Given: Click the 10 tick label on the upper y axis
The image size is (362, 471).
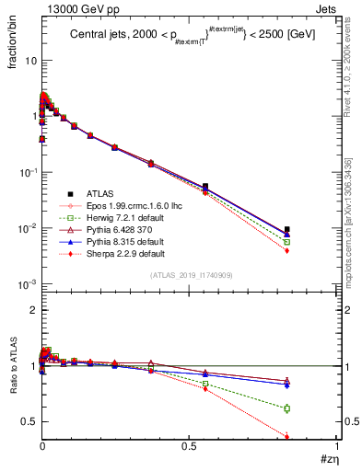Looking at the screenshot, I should [x=30, y=60].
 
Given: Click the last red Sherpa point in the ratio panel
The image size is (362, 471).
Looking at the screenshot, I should [x=287, y=437].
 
